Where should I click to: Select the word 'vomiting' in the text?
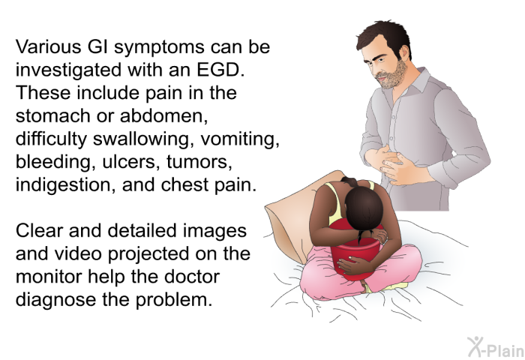coord(240,139)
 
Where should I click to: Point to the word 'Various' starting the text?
coord(48,46)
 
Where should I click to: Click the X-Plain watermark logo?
coord(496,347)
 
